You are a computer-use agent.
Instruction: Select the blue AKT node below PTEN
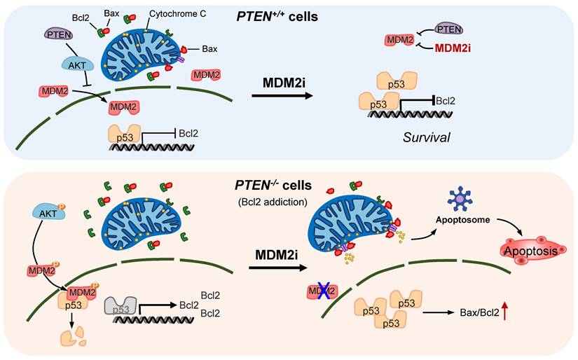[x=75, y=64]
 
